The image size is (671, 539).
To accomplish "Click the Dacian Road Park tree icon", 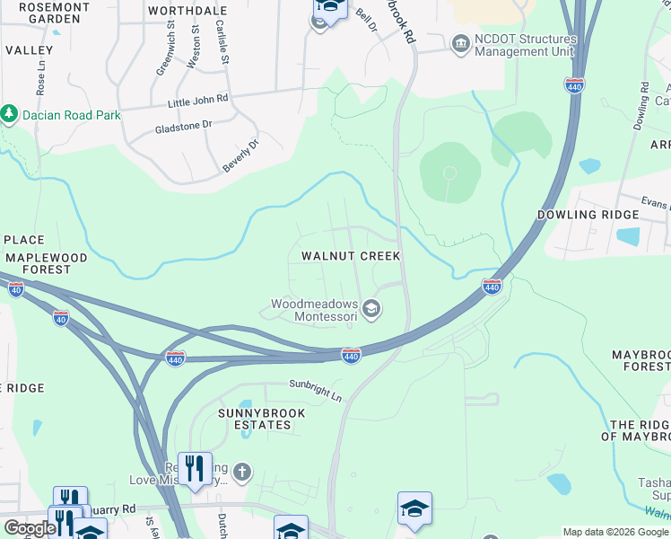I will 10,114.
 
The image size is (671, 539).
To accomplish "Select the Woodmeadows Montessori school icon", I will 371,310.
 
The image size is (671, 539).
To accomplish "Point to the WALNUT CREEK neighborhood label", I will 350,256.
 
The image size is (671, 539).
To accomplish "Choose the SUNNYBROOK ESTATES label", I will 248,419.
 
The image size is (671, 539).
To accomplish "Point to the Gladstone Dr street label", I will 183,125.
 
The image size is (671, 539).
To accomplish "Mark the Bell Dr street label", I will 364,18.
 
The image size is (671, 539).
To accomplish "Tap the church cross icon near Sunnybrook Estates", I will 241,472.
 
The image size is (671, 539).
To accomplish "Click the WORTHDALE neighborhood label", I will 187,11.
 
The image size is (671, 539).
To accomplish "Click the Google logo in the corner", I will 30,528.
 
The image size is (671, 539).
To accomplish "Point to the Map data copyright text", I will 614,532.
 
